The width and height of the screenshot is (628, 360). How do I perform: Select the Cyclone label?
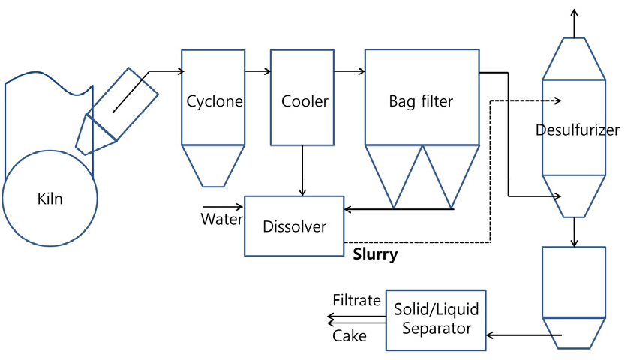214,101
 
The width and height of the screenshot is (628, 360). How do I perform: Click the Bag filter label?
421,100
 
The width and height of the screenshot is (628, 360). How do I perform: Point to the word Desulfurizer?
578,130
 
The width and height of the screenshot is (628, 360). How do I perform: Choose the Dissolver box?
294,226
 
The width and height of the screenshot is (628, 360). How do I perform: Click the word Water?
221,220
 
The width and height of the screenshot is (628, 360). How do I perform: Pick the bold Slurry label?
375,254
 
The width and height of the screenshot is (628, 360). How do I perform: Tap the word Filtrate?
356,300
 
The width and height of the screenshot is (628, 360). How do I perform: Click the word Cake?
350,335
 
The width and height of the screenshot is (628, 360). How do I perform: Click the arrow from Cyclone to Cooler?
257,72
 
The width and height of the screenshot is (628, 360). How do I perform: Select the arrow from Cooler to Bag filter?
349,72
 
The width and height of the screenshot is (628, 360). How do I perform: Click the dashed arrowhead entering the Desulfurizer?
555,100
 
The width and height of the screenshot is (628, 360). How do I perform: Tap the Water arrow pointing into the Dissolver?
223,205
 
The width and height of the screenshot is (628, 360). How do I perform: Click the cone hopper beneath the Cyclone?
214,165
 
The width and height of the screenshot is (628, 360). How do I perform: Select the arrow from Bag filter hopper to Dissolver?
398,209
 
